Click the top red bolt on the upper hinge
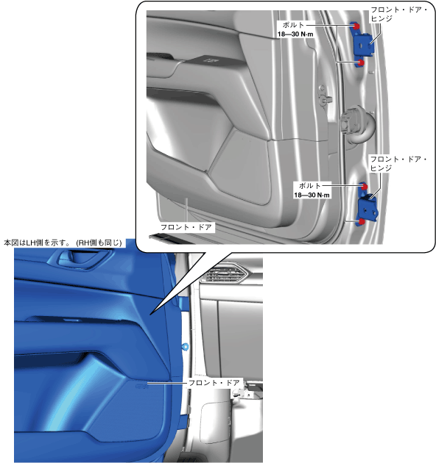coord(356,26)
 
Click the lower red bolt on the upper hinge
coord(361,62)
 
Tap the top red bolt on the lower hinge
coord(364,187)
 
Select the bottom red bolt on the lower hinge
coord(362,221)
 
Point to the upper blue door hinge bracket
coord(363,44)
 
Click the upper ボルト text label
coord(293,25)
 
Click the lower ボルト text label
coord(310,186)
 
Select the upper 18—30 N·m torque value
coord(295,35)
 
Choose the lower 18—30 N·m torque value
coord(312,195)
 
